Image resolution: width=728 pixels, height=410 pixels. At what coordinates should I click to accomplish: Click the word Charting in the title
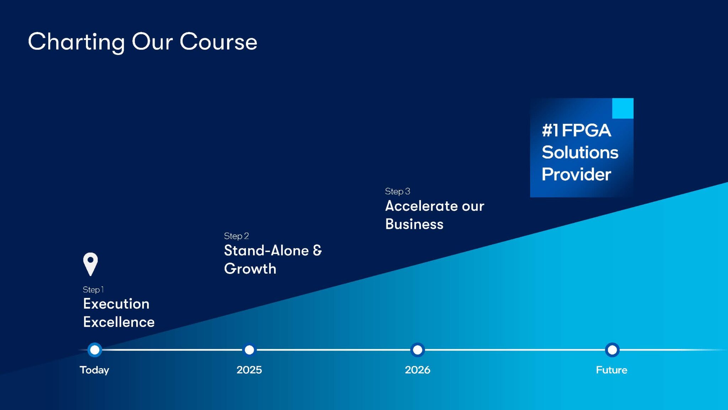[76, 42]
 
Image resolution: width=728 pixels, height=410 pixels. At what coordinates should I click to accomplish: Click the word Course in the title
[218, 42]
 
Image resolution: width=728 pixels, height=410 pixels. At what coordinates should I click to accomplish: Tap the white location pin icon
[91, 264]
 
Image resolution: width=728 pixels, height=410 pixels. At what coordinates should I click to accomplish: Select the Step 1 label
[93, 290]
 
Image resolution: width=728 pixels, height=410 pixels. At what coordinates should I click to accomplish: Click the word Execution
[116, 304]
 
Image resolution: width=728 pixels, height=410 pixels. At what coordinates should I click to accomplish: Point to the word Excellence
[119, 322]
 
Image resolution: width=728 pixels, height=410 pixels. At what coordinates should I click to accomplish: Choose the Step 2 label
[236, 236]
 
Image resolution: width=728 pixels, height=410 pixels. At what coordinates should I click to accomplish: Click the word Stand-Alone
[266, 251]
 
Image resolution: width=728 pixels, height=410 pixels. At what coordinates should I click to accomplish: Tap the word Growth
[250, 269]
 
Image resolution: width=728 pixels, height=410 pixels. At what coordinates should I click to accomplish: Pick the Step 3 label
[397, 191]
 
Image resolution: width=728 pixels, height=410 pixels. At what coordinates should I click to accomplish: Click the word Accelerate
[422, 206]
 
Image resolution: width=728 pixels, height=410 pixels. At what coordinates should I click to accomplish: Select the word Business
[414, 224]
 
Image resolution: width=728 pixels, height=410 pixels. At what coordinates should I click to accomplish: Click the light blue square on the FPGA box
[623, 108]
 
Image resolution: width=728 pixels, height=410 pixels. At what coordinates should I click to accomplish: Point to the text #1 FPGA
[576, 130]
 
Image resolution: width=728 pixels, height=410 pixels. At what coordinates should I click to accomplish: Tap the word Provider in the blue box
[576, 174]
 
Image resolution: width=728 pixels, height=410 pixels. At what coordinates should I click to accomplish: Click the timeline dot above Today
[95, 350]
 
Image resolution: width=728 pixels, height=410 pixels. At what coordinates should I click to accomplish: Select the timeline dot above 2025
[250, 350]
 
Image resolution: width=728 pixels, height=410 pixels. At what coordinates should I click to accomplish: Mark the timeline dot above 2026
[418, 350]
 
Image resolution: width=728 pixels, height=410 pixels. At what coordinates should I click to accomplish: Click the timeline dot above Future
[612, 350]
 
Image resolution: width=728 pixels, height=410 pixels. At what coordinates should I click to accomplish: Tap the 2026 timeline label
[418, 370]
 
